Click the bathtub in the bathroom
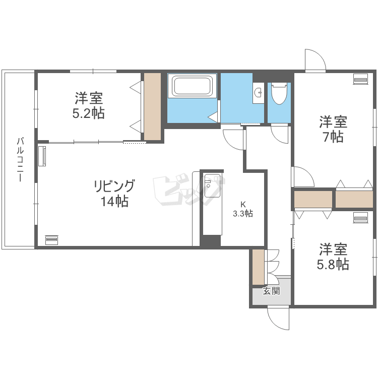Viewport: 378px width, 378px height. tap(192, 86)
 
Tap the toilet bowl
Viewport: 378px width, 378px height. tap(279, 93)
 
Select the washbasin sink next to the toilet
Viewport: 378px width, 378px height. tap(258, 92)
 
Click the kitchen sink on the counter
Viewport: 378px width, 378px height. tap(212, 185)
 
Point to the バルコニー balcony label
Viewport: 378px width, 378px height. tap(20, 159)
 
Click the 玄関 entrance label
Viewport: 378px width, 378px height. tap(271, 291)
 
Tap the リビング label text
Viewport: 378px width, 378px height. tap(114, 186)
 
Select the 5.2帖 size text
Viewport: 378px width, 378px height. tap(89, 113)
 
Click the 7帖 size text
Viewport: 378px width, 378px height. tap(334, 137)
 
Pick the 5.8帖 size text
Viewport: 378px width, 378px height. tap(333, 264)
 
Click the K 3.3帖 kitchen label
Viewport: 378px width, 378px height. tap(243, 209)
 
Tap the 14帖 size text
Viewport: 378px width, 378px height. tap(114, 201)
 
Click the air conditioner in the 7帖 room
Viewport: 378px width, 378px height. tap(360, 79)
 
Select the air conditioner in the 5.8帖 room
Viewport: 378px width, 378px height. tap(360, 217)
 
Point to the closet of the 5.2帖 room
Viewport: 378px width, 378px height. tap(152, 106)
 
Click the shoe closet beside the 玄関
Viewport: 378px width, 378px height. tap(259, 267)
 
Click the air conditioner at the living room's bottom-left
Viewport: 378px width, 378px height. tap(52, 239)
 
